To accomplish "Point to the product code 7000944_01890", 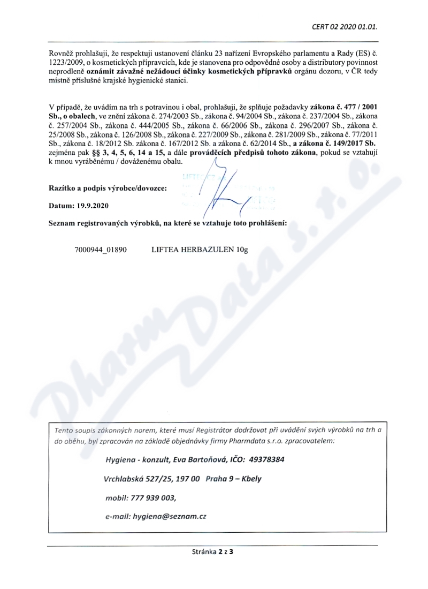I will click(101, 250).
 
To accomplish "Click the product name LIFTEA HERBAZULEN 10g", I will click(197, 250).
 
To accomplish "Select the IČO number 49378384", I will click(266, 459).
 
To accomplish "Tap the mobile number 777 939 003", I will click(152, 497).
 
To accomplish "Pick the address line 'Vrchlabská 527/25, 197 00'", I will click(152, 479).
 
